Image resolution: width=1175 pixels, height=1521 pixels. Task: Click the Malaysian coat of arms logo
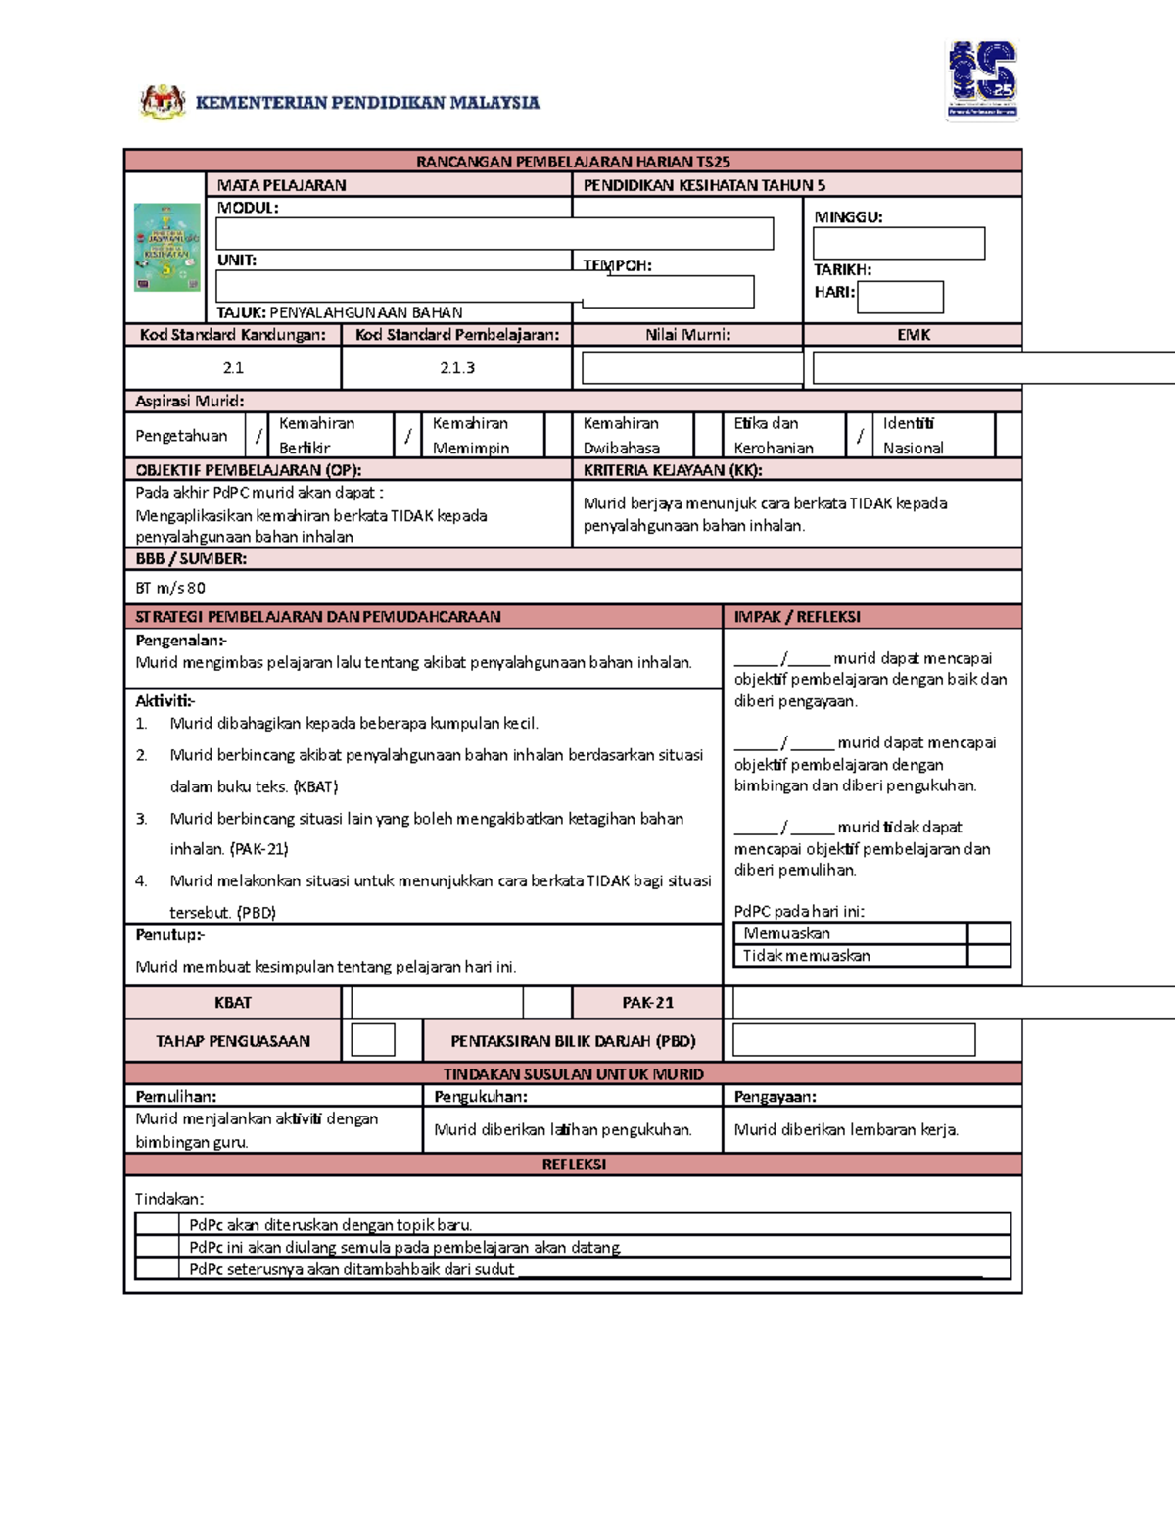[x=163, y=101]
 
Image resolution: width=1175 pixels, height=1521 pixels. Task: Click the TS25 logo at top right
[x=982, y=79]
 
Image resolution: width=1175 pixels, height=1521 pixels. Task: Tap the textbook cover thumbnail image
[x=166, y=248]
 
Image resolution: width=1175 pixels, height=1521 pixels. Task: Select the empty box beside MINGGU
[x=898, y=243]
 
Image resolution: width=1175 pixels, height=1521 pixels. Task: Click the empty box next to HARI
[x=900, y=297]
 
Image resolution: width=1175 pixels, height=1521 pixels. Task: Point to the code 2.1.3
[x=457, y=368]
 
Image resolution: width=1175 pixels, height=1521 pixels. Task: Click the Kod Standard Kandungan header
[x=233, y=335]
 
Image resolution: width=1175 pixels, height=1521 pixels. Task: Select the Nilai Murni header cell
[x=687, y=335]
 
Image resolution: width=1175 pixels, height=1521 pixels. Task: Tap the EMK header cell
[x=913, y=335]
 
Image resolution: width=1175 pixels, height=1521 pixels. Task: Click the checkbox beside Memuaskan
[x=989, y=933]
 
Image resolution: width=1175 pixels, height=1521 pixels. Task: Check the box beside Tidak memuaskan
[x=989, y=956]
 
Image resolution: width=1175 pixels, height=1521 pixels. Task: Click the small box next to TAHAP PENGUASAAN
[x=373, y=1040]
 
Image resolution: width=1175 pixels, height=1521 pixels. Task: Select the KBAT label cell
[x=233, y=1003]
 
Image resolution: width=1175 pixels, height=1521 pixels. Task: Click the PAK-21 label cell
[x=647, y=1003]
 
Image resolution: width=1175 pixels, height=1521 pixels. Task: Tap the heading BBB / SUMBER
[x=191, y=559]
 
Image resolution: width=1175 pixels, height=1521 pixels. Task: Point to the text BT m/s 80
[x=170, y=588]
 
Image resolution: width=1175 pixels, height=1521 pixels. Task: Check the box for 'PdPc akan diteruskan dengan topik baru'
[x=158, y=1224]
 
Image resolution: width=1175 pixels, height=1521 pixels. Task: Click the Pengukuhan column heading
[x=481, y=1097]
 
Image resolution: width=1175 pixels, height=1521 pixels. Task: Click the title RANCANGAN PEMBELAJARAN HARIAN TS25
[x=573, y=162]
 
